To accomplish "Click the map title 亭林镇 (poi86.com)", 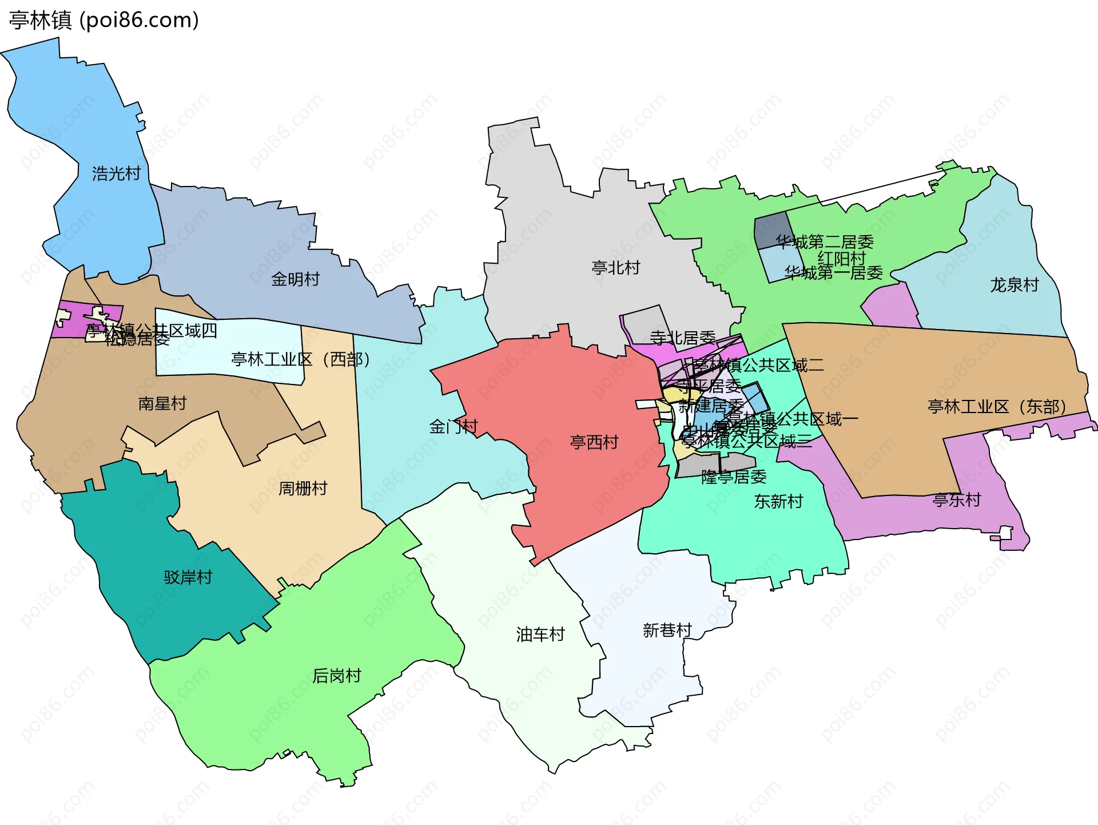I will click(x=104, y=20).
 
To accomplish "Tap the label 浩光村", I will click(x=116, y=173).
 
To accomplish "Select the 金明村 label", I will click(x=295, y=279).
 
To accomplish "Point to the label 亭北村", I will click(x=615, y=268).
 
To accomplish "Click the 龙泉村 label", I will click(x=1014, y=285).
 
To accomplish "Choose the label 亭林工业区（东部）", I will click(x=996, y=407).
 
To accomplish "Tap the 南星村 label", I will click(x=162, y=404).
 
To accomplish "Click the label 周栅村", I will click(x=303, y=489).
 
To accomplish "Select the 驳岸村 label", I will click(x=188, y=577).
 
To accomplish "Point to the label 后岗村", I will click(x=337, y=676).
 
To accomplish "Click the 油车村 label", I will click(x=540, y=634).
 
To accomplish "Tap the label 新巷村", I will click(x=667, y=630).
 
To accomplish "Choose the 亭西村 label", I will click(x=594, y=442).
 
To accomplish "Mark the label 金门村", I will click(x=453, y=427).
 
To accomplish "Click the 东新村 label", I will click(x=778, y=502).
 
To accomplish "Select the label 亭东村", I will click(x=956, y=500).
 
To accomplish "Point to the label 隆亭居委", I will click(x=734, y=477).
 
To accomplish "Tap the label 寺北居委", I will click(x=682, y=338).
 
